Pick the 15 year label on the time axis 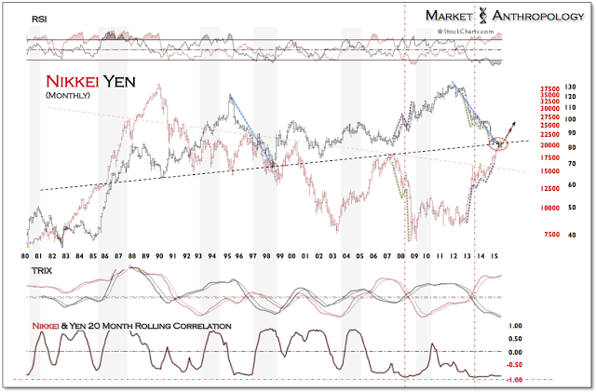click(503, 255)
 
